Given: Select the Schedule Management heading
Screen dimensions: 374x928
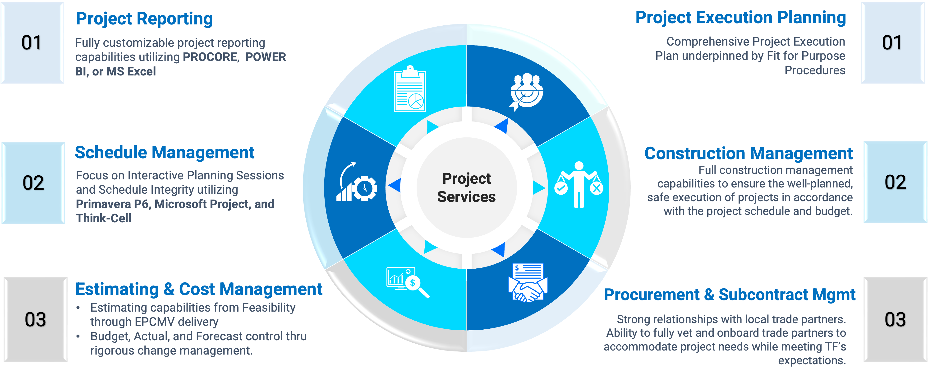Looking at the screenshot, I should coord(164,153).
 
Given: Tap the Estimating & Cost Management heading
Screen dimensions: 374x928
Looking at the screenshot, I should coord(198,289).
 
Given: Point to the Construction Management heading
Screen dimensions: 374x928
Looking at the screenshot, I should coord(748,154).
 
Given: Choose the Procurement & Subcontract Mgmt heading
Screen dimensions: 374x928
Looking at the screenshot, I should coord(730,295).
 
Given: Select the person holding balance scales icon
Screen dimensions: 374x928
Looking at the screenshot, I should coord(579,185).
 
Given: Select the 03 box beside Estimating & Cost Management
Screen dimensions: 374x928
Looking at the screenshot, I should coord(35,320).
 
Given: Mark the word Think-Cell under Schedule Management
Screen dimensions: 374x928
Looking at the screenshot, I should coord(103,218).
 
